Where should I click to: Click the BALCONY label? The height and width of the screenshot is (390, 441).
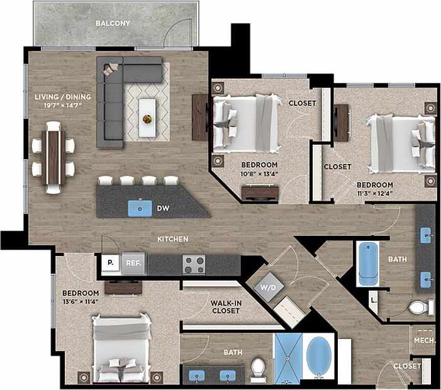click(x=113, y=23)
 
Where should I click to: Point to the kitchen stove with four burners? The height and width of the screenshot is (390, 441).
click(x=194, y=265)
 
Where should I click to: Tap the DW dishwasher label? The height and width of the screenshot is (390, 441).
click(x=164, y=208)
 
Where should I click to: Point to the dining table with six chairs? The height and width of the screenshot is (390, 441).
click(x=53, y=155)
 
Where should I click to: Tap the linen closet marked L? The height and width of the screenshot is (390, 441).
click(x=373, y=301)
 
